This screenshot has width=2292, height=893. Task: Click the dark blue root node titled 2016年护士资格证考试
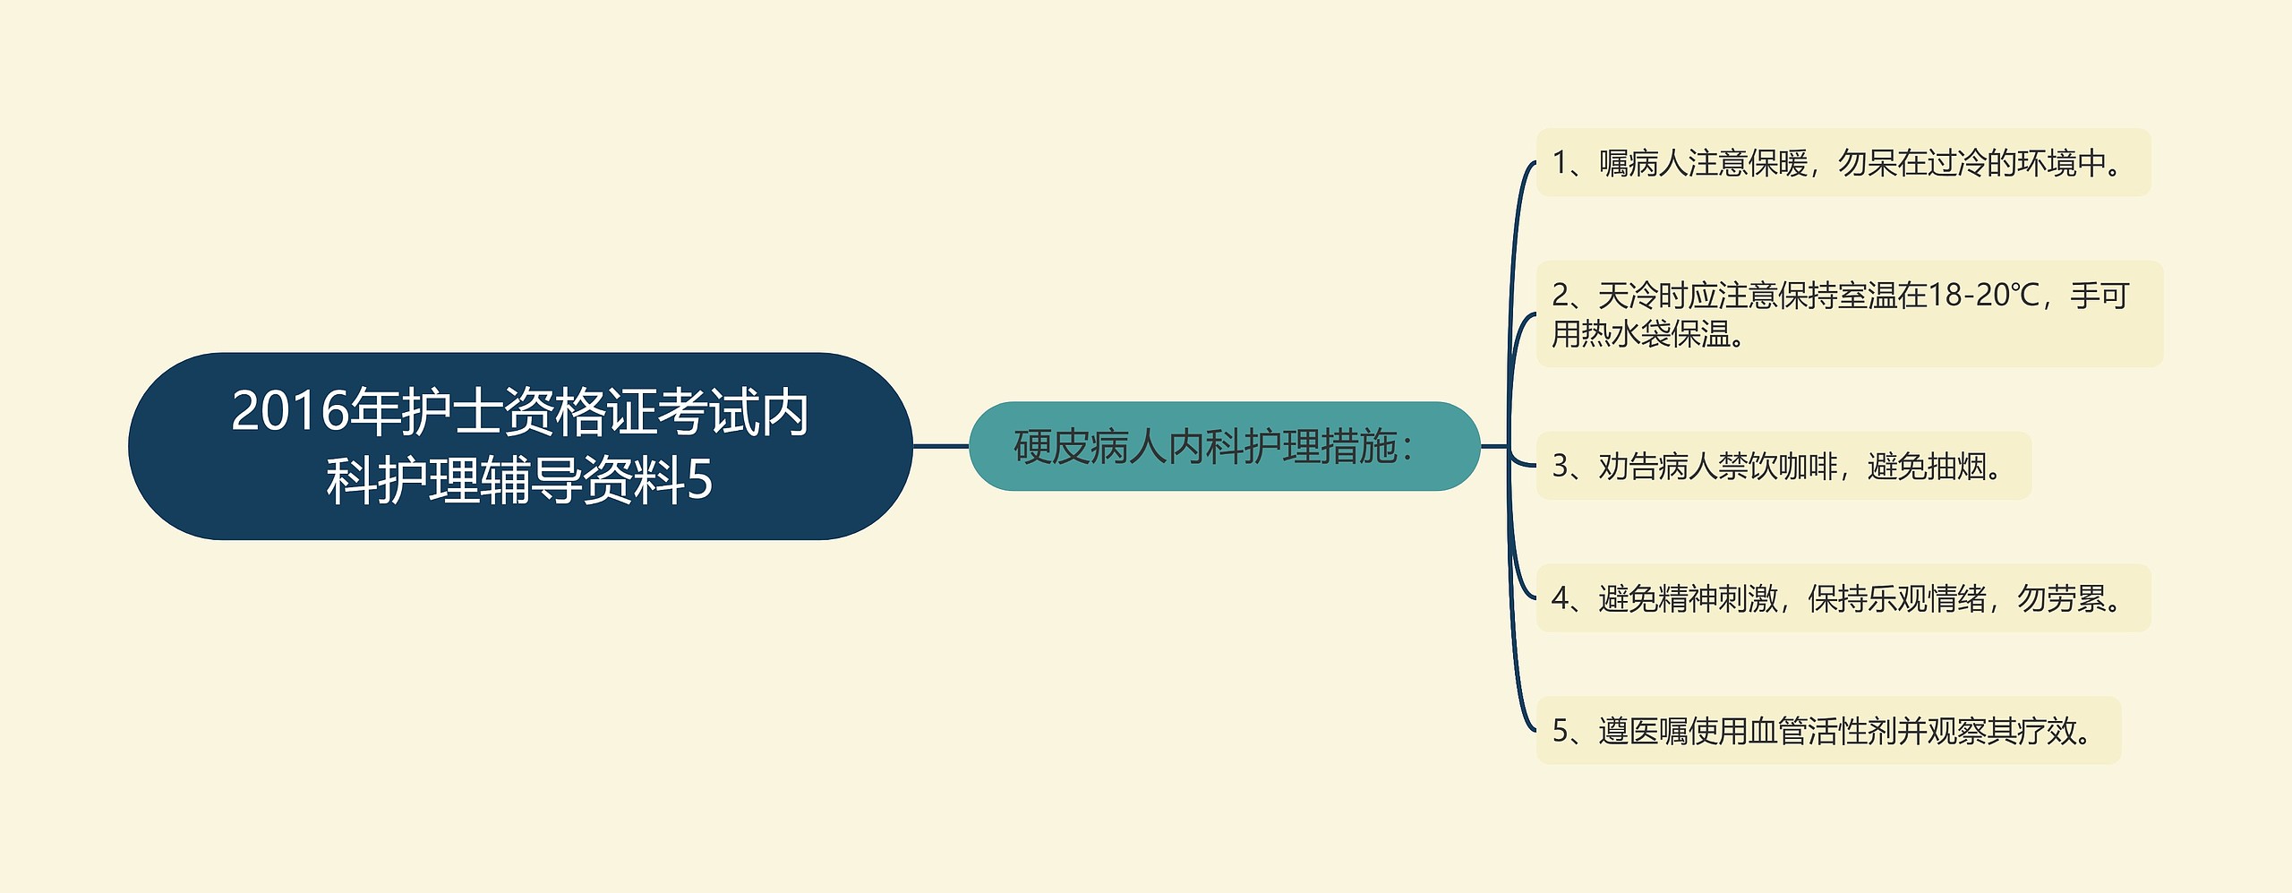coord(519,445)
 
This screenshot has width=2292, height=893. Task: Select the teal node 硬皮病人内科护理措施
coord(1223,446)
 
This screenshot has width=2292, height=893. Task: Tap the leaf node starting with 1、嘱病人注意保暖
coord(1843,163)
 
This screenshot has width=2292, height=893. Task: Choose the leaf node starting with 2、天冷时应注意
coord(1848,313)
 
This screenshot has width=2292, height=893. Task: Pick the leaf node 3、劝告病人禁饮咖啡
coord(1783,466)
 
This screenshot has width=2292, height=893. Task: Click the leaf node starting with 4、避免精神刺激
coord(1843,598)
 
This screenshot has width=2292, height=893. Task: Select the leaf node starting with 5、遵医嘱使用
coord(1827,731)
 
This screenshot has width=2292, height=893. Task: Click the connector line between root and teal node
coord(940,445)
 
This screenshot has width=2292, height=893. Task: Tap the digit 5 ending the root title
coord(699,480)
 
